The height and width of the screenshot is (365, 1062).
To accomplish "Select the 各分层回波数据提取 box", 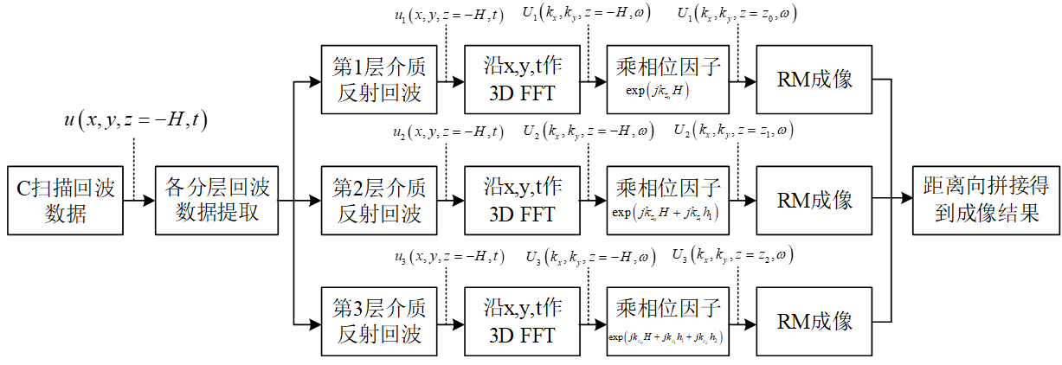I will pos(218,200).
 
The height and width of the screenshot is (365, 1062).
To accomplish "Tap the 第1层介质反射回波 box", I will pos(378,80).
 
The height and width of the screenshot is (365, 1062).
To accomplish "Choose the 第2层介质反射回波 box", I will pos(378,200).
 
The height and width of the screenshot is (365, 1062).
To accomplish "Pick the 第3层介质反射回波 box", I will pos(378,320).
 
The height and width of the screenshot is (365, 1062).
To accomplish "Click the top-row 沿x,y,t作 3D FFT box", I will pos(522,80).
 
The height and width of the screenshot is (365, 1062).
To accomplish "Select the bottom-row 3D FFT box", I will pos(522,320).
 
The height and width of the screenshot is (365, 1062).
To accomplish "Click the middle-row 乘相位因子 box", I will pos(667,200).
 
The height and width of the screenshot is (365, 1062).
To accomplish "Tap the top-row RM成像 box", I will pos(814,80).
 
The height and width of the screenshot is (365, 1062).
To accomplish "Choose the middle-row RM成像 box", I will pos(814,200).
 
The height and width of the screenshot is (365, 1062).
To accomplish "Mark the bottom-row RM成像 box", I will pos(814,320).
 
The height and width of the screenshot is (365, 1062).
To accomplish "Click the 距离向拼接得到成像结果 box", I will pos(986,200).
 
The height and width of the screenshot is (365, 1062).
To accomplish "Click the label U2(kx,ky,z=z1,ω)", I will pos(734,131).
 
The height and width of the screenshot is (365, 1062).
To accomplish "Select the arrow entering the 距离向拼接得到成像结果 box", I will pos(901,200).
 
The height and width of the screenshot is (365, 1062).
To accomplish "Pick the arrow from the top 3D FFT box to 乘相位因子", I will pos(593,80).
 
